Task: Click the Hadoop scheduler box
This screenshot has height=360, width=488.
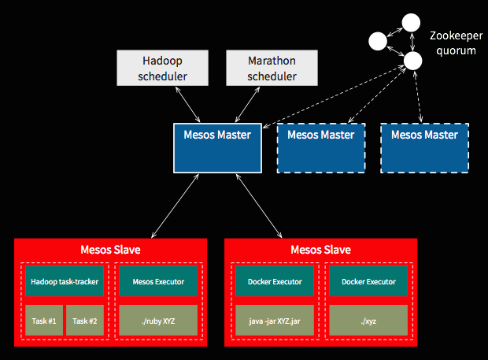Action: click(163, 68)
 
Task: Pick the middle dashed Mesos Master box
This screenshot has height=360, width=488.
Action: click(320, 147)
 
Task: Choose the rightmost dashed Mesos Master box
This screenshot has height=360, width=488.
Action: click(424, 147)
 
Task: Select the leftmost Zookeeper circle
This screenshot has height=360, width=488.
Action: click(378, 40)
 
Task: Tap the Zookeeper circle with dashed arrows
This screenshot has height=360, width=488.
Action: click(411, 61)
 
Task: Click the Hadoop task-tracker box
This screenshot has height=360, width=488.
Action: click(62, 281)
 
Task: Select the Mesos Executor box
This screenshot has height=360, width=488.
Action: click(158, 281)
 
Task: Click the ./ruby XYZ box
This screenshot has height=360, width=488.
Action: click(158, 321)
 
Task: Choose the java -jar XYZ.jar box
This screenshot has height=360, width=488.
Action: click(275, 321)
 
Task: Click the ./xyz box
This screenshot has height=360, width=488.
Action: click(368, 321)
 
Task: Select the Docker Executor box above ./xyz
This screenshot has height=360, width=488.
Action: click(368, 281)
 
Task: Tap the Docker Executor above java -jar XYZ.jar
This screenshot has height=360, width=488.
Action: click(275, 281)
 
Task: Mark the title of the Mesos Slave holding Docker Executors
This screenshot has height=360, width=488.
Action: click(320, 250)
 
